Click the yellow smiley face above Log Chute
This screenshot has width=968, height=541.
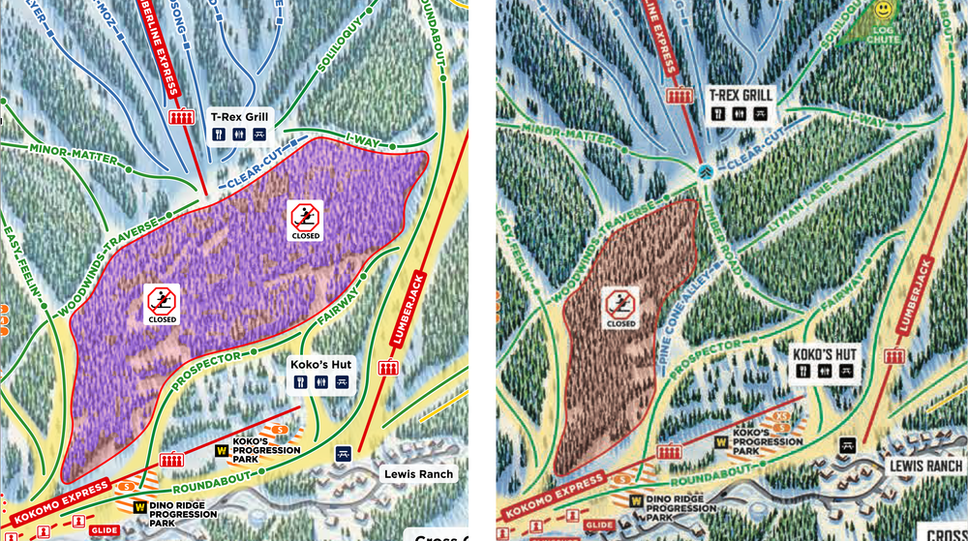[x=883, y=10]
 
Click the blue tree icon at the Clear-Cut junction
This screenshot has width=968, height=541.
[x=706, y=171]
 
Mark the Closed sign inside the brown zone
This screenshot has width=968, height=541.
[x=620, y=307]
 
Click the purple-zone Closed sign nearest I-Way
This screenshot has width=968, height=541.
[x=305, y=222]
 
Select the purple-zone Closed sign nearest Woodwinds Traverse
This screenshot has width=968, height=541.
[x=162, y=303]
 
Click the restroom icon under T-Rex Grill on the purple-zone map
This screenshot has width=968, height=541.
[x=238, y=135]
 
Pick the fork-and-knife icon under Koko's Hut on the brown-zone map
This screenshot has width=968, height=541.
[x=802, y=370]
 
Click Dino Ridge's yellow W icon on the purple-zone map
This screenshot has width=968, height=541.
[x=140, y=505]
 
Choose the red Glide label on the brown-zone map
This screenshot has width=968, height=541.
[x=598, y=526]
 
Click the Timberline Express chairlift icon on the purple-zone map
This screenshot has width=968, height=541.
[x=178, y=117]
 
